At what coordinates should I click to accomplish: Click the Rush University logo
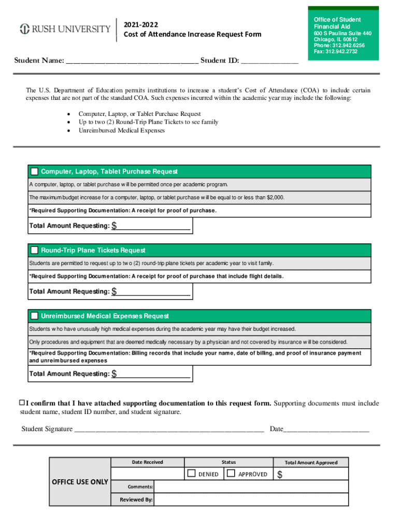tap(65, 29)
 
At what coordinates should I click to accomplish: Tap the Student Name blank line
tap(132, 61)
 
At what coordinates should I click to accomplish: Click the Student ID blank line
tap(269, 61)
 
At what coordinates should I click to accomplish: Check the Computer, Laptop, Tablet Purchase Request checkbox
tap(34, 171)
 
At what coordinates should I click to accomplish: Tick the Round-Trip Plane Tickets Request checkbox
tap(34, 251)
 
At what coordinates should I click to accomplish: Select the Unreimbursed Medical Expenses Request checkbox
tap(34, 316)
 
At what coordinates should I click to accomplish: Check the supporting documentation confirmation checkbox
tap(22, 403)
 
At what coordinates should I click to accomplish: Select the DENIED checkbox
tap(192, 474)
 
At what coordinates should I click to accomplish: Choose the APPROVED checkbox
tap(231, 474)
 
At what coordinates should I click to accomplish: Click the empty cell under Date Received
tap(148, 474)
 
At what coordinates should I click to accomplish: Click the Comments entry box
tap(251, 487)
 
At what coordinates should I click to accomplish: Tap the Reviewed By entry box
tap(251, 499)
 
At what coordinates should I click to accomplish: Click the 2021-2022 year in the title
tap(141, 25)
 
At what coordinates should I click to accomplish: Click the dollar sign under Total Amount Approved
tap(280, 475)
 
